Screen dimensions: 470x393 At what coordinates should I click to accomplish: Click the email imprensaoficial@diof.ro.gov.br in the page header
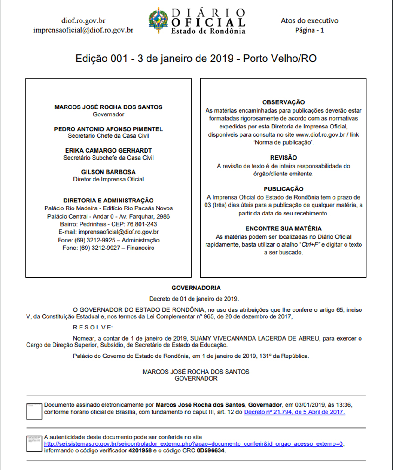click(84, 30)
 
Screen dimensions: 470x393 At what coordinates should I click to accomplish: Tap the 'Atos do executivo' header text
click(310, 20)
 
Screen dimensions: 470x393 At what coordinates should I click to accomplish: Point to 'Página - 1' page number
click(310, 30)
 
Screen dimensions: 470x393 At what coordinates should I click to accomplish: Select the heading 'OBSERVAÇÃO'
click(283, 102)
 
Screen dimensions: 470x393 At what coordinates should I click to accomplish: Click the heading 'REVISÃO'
click(283, 158)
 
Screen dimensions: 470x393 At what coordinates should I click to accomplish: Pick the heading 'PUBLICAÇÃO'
click(283, 189)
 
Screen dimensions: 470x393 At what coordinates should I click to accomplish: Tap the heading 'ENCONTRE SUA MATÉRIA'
click(283, 228)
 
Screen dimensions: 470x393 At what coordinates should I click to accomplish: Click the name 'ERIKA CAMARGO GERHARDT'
click(108, 151)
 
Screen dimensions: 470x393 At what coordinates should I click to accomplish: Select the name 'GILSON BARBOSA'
click(108, 172)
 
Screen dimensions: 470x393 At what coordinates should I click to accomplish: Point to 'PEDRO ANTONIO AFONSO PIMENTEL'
click(108, 129)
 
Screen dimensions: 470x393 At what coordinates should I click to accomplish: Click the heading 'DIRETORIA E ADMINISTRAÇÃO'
click(108, 201)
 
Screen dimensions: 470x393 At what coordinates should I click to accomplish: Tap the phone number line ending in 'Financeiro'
click(108, 248)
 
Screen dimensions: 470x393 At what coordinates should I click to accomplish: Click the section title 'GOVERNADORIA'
click(196, 288)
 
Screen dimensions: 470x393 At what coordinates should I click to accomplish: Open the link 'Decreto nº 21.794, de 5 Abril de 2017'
click(294, 412)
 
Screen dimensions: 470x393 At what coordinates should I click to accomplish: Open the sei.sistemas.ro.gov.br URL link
click(193, 444)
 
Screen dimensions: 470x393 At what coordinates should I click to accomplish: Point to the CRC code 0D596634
click(210, 450)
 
